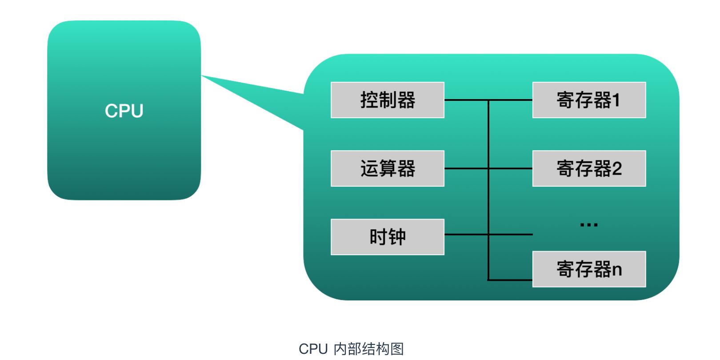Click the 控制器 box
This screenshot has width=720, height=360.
387,100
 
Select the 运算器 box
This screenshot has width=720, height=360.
387,168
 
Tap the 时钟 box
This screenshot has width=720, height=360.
387,237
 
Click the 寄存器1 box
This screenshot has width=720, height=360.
589,100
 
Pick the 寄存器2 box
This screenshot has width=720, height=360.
589,168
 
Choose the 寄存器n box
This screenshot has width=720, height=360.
589,269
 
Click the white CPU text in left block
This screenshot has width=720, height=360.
124,111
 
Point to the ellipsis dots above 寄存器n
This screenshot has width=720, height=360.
589,225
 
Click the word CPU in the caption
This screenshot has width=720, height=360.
313,349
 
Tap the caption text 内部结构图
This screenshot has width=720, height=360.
368,349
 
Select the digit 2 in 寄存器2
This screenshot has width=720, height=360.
616,169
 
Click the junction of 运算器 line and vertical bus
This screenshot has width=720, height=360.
488,168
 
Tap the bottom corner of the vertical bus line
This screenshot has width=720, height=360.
488,280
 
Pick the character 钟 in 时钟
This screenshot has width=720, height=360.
397,237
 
